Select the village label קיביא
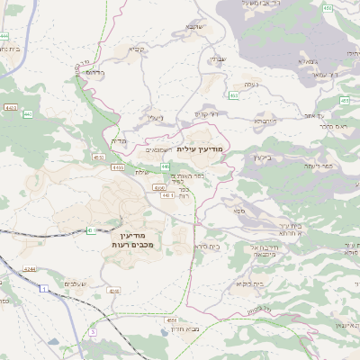click(x=138, y=49)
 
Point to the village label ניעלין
click(x=156, y=117)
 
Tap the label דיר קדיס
click(x=206, y=114)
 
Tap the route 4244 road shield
click(x=31, y=269)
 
